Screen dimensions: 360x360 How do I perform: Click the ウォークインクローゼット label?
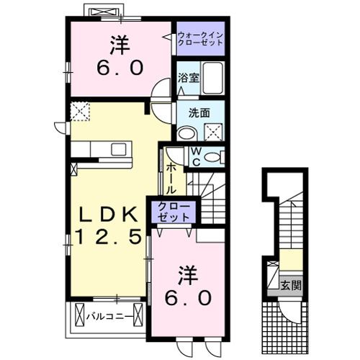point(201,39)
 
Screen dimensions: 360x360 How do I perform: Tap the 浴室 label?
point(189,78)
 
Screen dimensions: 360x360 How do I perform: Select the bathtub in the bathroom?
point(213,78)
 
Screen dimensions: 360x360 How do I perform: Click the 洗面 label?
point(199,113)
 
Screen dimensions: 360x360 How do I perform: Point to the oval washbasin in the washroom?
point(187,133)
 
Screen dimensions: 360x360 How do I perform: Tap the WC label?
point(197,157)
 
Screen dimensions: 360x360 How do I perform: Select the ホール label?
point(171,179)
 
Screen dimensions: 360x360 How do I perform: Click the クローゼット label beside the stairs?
point(174,212)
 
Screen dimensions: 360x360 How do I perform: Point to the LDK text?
point(109,214)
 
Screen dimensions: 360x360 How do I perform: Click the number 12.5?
point(109,236)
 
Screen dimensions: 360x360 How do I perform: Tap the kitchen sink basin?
point(119,150)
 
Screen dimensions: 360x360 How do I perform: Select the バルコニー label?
point(109,317)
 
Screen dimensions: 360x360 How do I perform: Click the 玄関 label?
point(291,285)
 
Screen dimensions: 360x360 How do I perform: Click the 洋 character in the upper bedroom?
point(120,45)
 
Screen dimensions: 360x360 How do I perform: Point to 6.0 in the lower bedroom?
point(189,298)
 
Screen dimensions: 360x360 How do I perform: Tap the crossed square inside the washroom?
point(213,132)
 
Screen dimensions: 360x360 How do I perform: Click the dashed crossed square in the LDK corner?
point(81,112)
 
